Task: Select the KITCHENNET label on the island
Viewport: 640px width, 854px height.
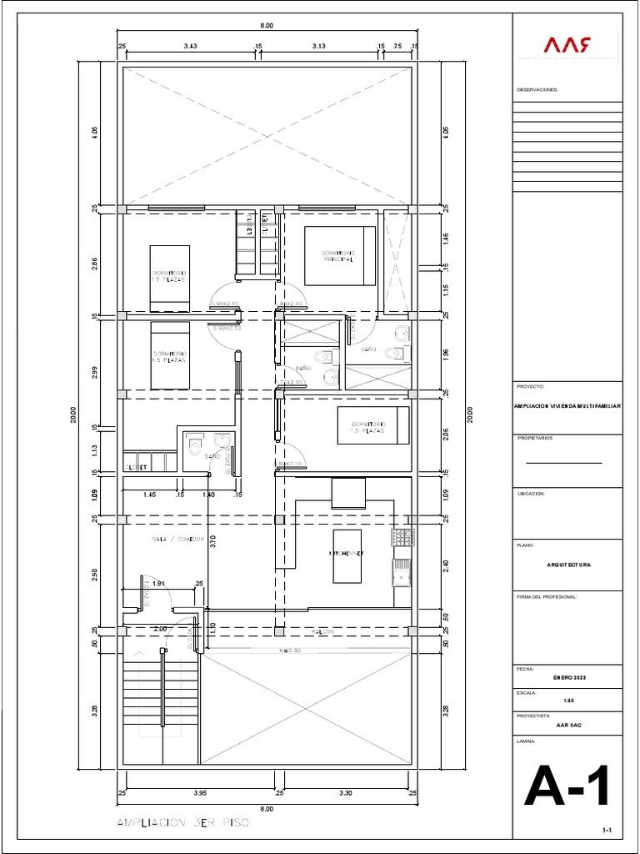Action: click(x=346, y=554)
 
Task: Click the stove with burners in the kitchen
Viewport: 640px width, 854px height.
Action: click(x=403, y=538)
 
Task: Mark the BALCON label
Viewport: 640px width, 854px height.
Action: click(x=323, y=632)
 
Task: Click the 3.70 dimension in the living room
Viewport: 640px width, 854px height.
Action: click(x=213, y=541)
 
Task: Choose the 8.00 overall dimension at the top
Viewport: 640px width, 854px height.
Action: click(x=267, y=27)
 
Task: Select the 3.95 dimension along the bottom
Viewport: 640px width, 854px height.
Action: click(x=200, y=793)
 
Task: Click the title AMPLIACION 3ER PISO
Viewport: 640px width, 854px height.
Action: click(x=182, y=822)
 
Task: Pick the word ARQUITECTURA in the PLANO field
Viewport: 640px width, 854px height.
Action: click(x=567, y=565)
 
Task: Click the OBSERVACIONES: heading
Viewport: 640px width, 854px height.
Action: click(x=537, y=88)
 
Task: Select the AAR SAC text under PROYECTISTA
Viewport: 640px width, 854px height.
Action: click(x=567, y=725)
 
